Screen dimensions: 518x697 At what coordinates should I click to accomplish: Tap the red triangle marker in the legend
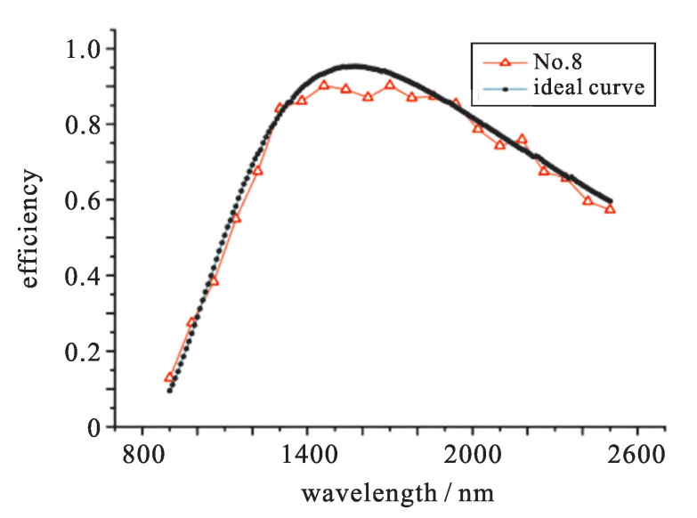(505, 62)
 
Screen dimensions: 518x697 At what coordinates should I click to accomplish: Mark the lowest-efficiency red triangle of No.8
(169, 378)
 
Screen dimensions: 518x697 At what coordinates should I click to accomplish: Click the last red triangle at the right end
(610, 209)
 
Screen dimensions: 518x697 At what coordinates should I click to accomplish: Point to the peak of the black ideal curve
(354, 66)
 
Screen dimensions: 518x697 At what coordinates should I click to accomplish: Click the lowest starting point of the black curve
(169, 390)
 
